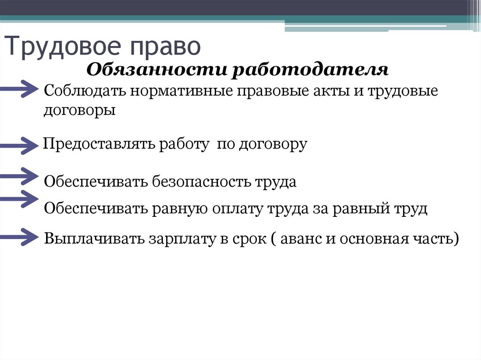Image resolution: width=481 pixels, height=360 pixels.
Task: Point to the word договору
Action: tap(273, 144)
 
